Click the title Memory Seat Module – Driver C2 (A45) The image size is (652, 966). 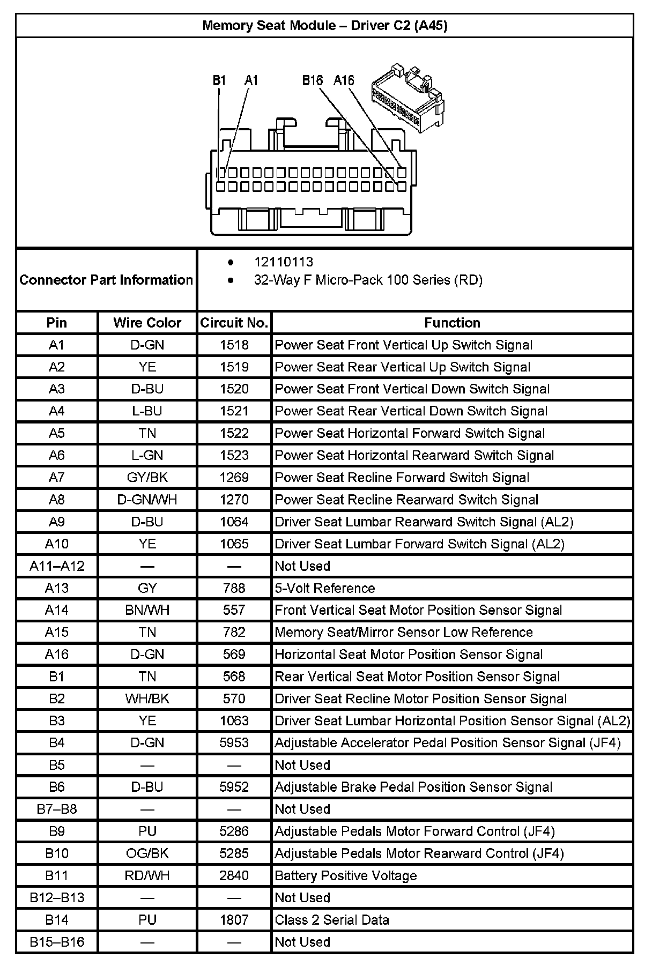324,25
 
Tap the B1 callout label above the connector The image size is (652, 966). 219,80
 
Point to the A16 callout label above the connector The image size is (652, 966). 344,80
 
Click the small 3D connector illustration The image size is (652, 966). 407,96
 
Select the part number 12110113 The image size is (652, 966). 283,262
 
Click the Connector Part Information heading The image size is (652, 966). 106,280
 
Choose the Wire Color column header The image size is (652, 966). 147,323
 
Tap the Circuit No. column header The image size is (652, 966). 234,323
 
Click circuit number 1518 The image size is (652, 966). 234,345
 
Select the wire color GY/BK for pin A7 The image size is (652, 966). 147,478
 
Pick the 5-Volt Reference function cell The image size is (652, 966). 325,588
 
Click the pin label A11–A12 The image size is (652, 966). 57,566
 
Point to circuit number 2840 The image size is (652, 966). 234,875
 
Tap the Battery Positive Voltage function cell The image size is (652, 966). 346,875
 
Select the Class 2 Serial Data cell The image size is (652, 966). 332,920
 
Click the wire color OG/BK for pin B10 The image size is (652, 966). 147,853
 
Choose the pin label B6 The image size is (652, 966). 57,787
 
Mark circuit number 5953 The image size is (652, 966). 234,743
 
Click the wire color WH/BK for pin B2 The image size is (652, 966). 147,699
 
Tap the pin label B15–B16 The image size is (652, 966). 57,942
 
